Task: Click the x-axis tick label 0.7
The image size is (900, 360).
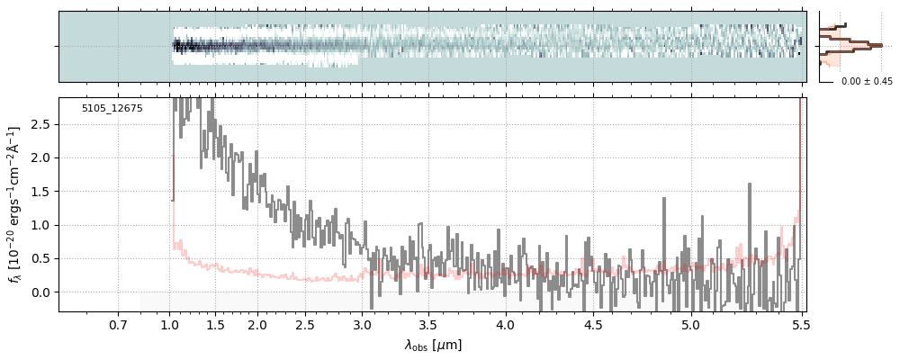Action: (x=118, y=325)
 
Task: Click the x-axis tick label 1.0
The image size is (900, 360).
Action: (x=169, y=325)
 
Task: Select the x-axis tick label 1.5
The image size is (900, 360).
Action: (x=216, y=325)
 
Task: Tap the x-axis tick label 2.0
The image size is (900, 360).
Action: (x=257, y=325)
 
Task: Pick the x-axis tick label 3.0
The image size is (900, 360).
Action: (x=362, y=325)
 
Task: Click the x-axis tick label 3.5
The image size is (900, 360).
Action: (x=428, y=325)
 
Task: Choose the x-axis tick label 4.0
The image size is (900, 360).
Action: (x=506, y=325)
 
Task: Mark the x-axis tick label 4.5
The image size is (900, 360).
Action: (x=593, y=325)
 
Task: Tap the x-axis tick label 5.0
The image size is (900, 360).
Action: (x=690, y=325)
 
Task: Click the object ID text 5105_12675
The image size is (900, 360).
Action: (x=112, y=109)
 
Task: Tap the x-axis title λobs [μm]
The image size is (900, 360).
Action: (x=432, y=345)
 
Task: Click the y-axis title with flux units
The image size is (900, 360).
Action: (x=15, y=205)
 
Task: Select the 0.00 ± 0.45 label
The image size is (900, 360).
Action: (x=867, y=82)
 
